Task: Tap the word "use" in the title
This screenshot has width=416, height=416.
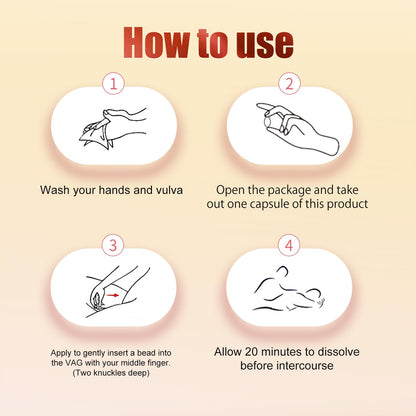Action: (x=265, y=45)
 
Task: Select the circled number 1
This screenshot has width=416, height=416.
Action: (x=113, y=83)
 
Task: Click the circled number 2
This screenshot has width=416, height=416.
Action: (x=289, y=83)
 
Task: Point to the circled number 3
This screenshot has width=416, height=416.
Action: (x=113, y=245)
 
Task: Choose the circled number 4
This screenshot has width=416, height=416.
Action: (x=289, y=245)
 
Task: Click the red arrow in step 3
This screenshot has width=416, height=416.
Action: (x=113, y=295)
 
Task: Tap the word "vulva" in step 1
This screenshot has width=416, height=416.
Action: (x=169, y=190)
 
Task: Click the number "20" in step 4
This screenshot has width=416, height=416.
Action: (x=252, y=352)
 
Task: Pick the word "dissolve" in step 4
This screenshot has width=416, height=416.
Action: (x=338, y=352)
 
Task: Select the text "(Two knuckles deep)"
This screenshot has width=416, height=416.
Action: (x=111, y=373)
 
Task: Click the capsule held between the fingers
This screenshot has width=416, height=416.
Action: (x=268, y=122)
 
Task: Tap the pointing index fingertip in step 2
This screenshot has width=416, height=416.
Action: (x=260, y=106)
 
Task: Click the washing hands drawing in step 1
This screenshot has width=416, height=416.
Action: (x=113, y=128)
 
